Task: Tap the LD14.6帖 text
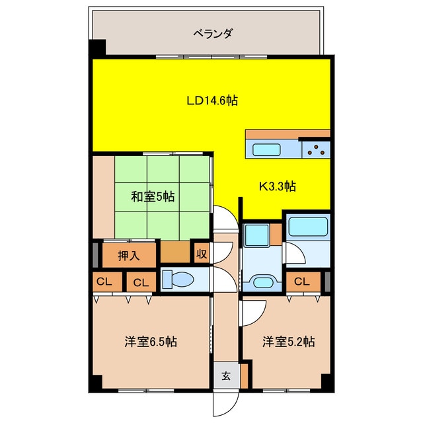tap(211, 101)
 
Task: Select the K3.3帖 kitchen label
tap(276, 186)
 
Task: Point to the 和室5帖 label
tap(152, 196)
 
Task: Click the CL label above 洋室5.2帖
tap(302, 282)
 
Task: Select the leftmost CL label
tap(104, 282)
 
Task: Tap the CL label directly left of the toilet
tap(140, 282)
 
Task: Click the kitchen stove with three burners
tap(317, 149)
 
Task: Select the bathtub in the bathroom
tap(308, 229)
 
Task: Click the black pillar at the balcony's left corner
tap(98, 49)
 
